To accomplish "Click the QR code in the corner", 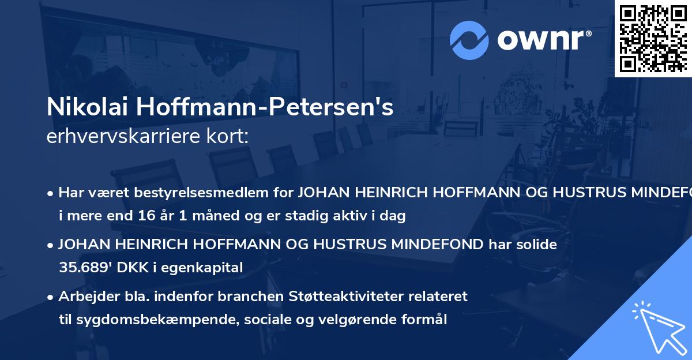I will [653, 38].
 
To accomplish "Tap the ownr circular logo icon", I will [469, 40].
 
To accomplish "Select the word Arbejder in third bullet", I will [85, 296].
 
